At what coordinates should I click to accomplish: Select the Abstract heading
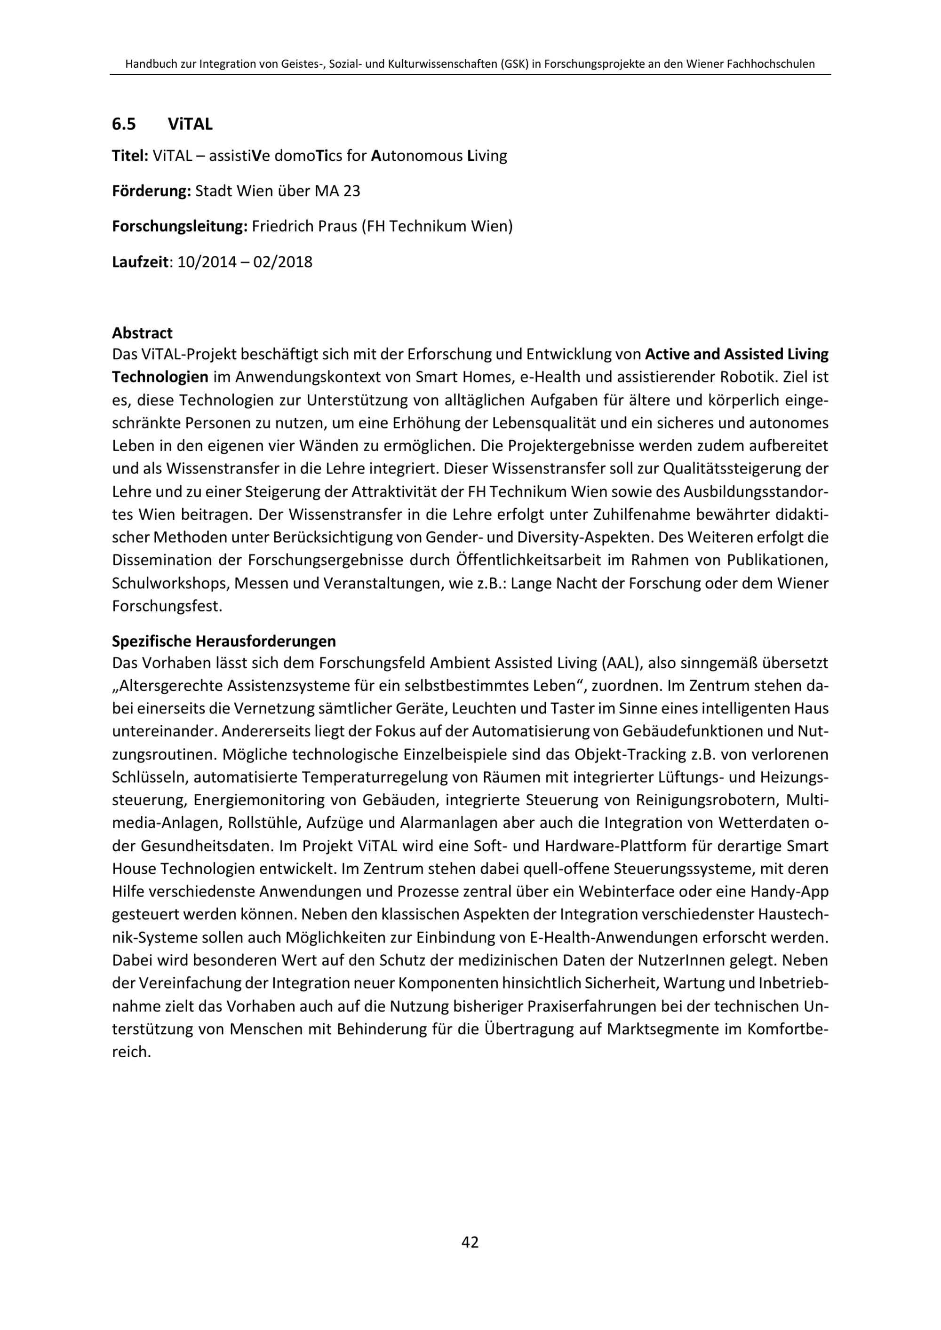coord(142,333)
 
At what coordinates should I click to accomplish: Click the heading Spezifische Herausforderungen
coord(223,642)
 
